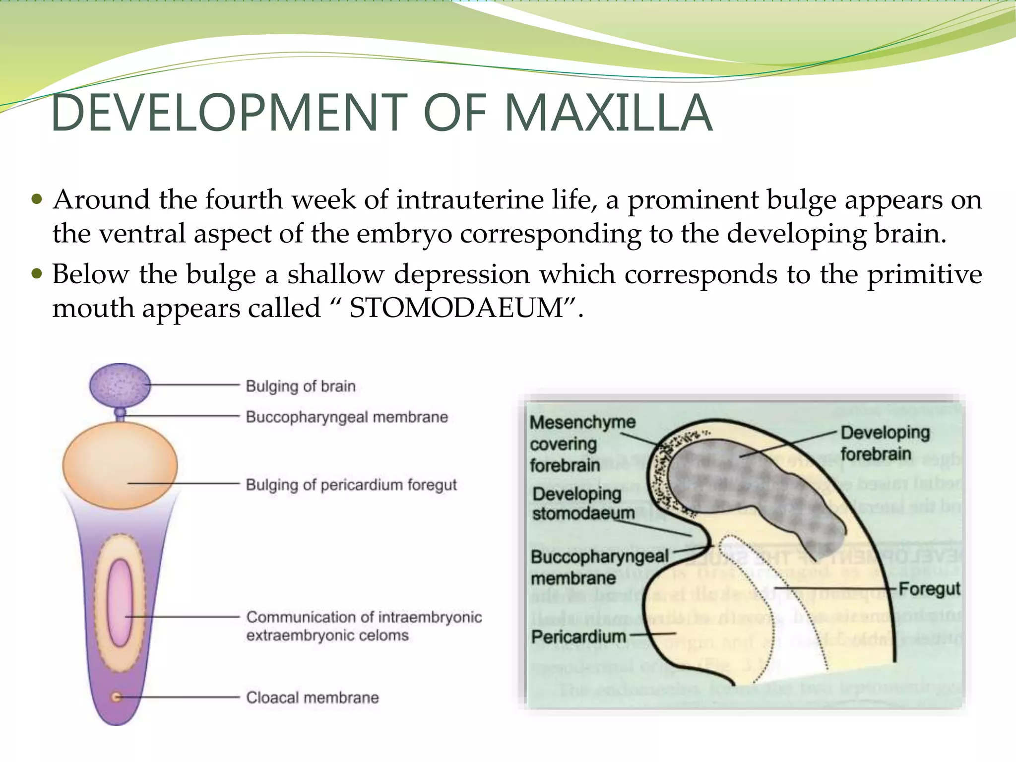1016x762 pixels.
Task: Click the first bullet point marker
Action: point(37,199)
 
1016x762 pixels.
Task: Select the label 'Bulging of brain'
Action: point(301,386)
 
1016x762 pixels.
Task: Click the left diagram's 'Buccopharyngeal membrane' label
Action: point(347,417)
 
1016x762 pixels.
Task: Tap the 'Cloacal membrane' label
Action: point(313,698)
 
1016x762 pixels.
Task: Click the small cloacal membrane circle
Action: point(116,697)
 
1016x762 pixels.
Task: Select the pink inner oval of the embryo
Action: point(120,603)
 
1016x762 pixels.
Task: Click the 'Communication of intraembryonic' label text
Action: point(364,617)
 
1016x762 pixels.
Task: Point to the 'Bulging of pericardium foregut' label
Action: point(351,485)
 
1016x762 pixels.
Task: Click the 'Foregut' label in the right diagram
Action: point(929,589)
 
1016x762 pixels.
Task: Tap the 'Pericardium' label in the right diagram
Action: point(578,636)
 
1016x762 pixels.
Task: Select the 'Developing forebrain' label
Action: point(885,443)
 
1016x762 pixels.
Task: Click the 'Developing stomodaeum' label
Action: point(582,504)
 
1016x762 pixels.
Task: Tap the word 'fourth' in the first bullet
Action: point(244,200)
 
